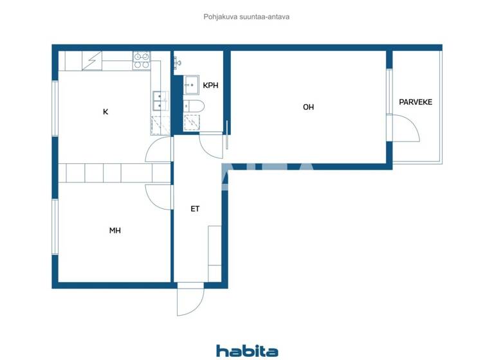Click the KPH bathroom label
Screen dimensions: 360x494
point(210,85)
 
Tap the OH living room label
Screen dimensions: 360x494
point(308,107)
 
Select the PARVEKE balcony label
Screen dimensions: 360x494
point(416,102)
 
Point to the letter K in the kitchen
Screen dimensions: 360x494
point(105,112)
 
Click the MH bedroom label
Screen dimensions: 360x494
point(115,230)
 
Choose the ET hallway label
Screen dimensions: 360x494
point(195,209)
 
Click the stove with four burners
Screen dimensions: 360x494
point(142,60)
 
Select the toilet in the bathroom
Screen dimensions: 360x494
point(193,106)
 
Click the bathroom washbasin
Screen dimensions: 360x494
point(191,84)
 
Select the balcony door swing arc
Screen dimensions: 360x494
point(405,129)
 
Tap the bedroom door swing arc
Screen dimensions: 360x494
point(158,195)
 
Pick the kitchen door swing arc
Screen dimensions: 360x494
point(158,150)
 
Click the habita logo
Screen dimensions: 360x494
point(247,350)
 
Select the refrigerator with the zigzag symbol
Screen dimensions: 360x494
point(93,60)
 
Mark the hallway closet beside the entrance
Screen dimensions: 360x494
point(214,253)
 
